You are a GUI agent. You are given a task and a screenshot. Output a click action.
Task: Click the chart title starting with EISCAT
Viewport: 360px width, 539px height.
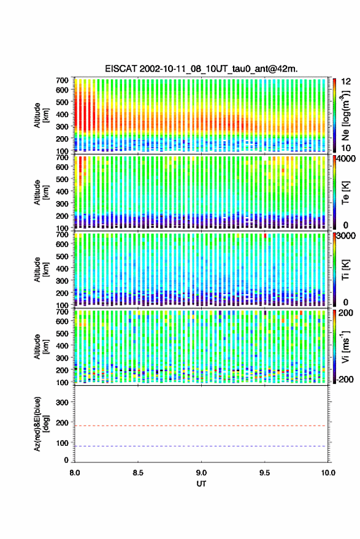(x=202, y=69)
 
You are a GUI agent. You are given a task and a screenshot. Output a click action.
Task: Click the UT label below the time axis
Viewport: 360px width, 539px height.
(x=201, y=483)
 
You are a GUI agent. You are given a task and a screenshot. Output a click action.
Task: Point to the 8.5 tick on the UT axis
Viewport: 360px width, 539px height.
(x=138, y=473)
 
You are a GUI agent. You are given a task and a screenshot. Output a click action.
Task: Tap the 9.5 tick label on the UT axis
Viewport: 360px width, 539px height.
(x=264, y=473)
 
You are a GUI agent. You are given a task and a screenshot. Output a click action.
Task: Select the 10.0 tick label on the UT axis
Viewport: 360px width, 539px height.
(x=328, y=473)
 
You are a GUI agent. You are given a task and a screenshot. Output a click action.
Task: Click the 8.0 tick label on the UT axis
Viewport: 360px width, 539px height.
(x=75, y=473)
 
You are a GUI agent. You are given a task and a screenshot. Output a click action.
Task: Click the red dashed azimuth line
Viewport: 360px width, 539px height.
(x=200, y=426)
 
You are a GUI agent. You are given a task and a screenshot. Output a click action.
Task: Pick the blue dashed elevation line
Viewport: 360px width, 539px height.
(x=200, y=446)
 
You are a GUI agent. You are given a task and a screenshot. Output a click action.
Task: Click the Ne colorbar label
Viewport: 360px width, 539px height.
(x=345, y=115)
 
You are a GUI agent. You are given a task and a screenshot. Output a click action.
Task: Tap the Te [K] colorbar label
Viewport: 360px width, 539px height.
(x=345, y=193)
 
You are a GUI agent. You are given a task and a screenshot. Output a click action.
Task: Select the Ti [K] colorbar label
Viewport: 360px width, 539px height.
(x=345, y=270)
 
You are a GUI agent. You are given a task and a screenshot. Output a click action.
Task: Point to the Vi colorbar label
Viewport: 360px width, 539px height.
(x=345, y=346)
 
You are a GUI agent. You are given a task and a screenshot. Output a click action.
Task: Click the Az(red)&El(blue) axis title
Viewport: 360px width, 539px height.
(x=41, y=424)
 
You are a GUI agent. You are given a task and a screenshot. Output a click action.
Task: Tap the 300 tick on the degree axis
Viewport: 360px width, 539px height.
(x=62, y=402)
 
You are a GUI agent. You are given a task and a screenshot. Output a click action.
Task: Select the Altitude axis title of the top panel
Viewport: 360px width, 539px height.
(x=41, y=115)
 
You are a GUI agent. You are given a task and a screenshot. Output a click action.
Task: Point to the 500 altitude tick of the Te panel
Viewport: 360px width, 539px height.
(x=62, y=179)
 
